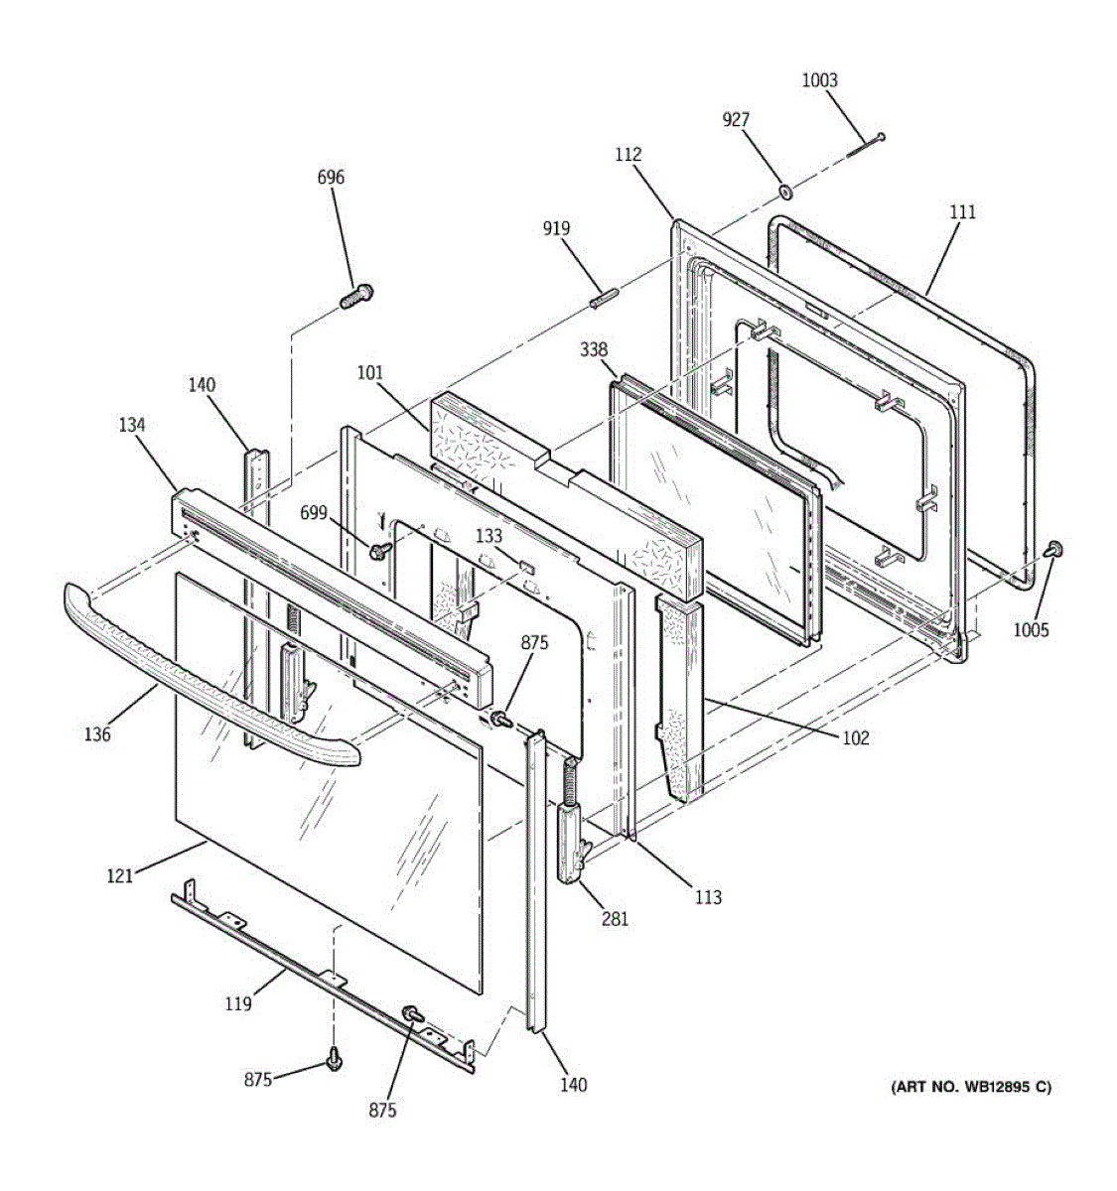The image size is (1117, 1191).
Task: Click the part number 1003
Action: point(819,80)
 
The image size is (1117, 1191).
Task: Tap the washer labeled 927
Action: point(785,193)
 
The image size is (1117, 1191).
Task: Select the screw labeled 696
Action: point(356,296)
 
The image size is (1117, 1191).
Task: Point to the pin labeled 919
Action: point(604,298)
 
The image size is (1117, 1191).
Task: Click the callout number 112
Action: point(628,155)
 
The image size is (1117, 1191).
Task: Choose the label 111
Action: point(963,212)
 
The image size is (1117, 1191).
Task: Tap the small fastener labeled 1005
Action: point(1054,548)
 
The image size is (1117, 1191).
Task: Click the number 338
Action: point(594,349)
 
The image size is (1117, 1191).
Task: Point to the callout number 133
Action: point(489,536)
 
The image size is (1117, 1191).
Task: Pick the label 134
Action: point(132,425)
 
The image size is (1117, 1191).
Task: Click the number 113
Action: point(708,898)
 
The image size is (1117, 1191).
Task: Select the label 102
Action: point(856,738)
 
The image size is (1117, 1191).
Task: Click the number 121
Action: point(119,876)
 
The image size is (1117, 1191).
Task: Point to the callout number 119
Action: point(238,1003)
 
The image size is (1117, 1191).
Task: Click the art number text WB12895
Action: point(987,1087)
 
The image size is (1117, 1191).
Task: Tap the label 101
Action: point(369,373)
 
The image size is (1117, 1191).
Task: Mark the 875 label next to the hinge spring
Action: point(534,643)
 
